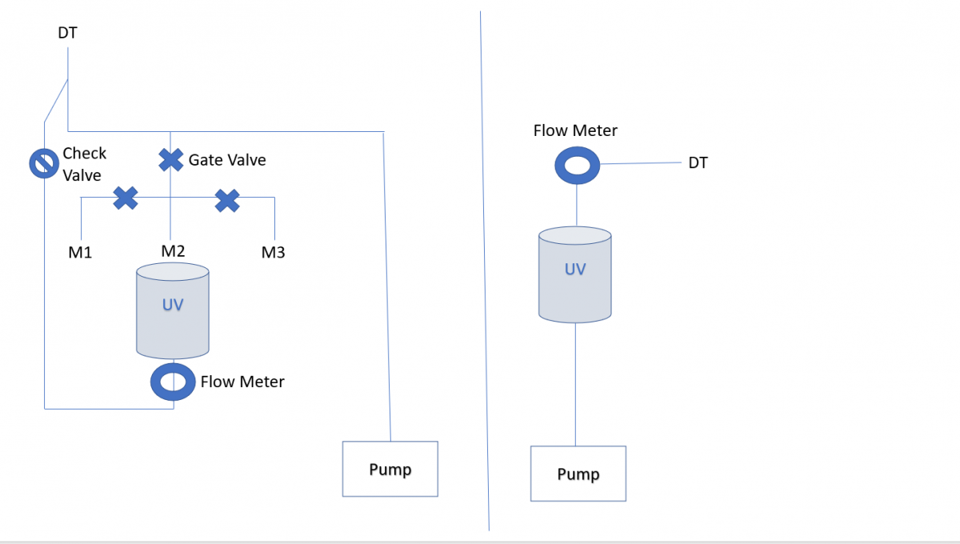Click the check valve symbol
pyautogui.click(x=44, y=163)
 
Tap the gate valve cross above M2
pyautogui.click(x=171, y=160)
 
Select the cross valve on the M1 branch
pyautogui.click(x=126, y=198)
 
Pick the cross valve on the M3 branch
pyautogui.click(x=227, y=201)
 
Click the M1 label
pyautogui.click(x=80, y=253)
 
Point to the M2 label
pyautogui.click(x=173, y=250)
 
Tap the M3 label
pyautogui.click(x=273, y=253)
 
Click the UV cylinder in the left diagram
pyautogui.click(x=173, y=310)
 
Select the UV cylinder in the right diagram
pyautogui.click(x=574, y=274)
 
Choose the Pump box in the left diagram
pyautogui.click(x=390, y=469)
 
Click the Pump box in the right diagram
pyautogui.click(x=578, y=474)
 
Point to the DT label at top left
pyautogui.click(x=67, y=33)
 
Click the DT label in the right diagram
pyautogui.click(x=698, y=163)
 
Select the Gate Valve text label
pyautogui.click(x=227, y=160)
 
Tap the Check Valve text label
pyautogui.click(x=85, y=164)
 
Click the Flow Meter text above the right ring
pyautogui.click(x=575, y=130)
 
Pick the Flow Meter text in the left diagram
pyautogui.click(x=242, y=382)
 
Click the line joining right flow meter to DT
pyautogui.click(x=641, y=163)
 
